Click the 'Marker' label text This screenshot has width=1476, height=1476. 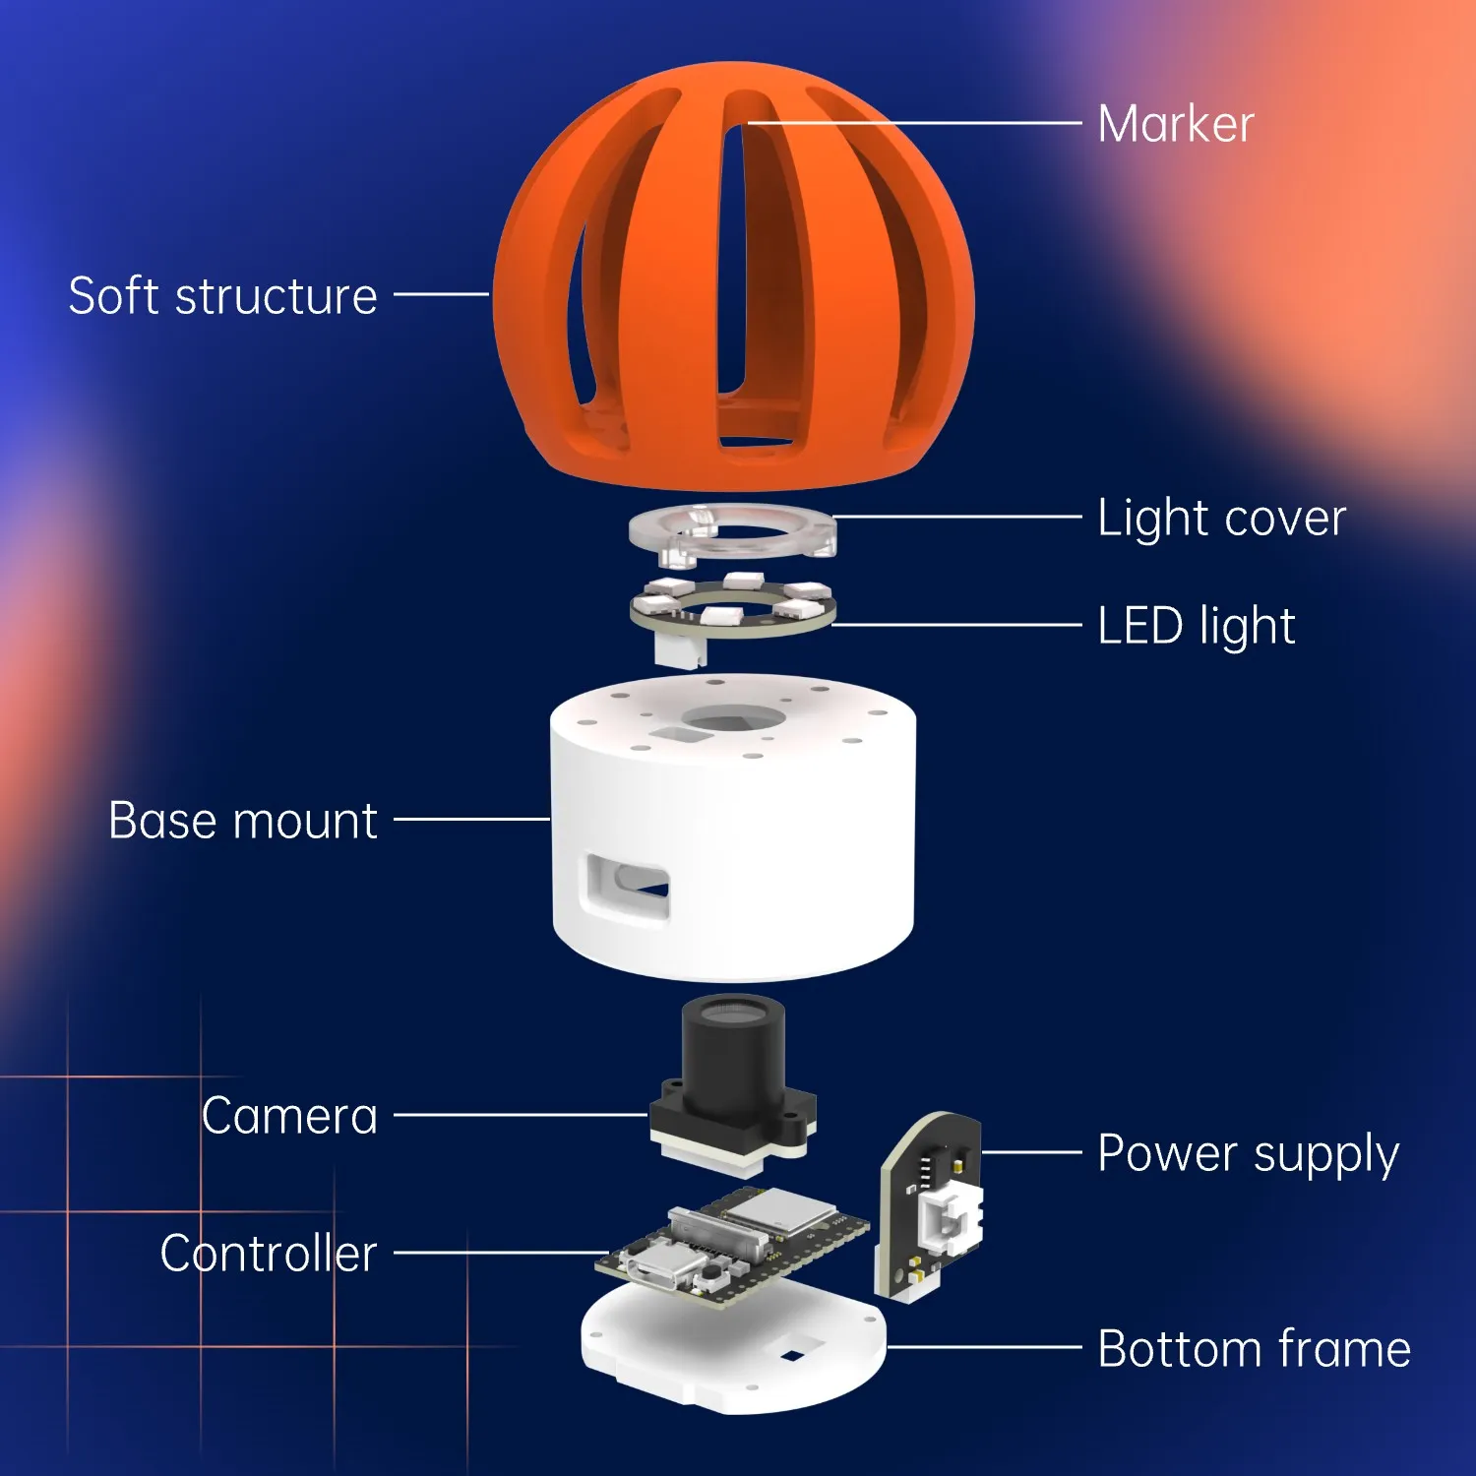pyautogui.click(x=1175, y=125)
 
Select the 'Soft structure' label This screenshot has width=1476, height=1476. pyautogui.click(x=223, y=295)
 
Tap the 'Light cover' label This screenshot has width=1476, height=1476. pyautogui.click(x=1221, y=518)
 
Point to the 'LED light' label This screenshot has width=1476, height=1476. pyautogui.click(x=1197, y=627)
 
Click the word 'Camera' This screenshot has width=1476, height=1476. pyautogui.click(x=289, y=1116)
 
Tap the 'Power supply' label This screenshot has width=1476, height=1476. pyautogui.click(x=1249, y=1154)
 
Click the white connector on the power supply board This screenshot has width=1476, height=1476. pyautogui.click(x=950, y=1218)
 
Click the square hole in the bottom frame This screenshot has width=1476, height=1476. pyautogui.click(x=792, y=1356)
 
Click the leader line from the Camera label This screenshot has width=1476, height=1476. pyautogui.click(x=522, y=1115)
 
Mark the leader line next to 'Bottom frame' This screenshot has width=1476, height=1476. pyautogui.click(x=984, y=1347)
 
